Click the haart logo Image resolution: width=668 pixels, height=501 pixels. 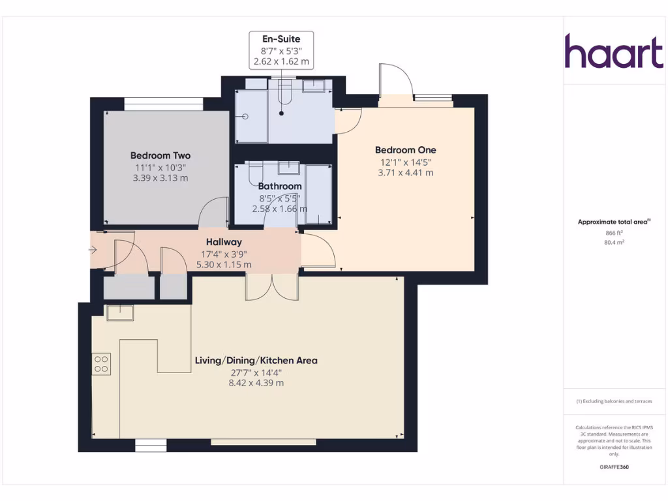[613, 52]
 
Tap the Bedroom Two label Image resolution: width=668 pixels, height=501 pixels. [160, 155]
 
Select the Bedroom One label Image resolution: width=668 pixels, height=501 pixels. [405, 149]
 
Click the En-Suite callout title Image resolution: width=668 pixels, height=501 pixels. [282, 39]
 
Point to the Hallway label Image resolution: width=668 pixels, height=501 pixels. [224, 242]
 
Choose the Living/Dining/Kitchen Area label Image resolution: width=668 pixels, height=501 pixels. [256, 360]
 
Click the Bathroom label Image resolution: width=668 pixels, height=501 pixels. [279, 187]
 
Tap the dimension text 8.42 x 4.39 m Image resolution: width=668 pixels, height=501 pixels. [256, 383]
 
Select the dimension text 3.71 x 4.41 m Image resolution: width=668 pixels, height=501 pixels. [405, 173]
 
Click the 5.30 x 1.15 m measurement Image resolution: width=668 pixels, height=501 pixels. [224, 265]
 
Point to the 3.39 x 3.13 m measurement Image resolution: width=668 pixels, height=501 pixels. [160, 178]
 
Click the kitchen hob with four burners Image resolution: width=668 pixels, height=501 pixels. [101, 363]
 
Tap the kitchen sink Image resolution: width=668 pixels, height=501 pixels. [120, 313]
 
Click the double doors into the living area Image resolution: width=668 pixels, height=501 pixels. [271, 287]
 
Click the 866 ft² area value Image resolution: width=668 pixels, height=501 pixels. [614, 232]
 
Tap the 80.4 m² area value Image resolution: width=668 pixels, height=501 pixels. [614, 242]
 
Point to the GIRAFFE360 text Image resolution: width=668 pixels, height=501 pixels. [614, 467]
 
